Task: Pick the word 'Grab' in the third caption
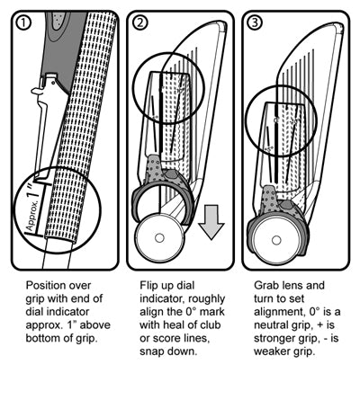[x=261, y=282]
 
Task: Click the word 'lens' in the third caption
[x=293, y=282]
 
